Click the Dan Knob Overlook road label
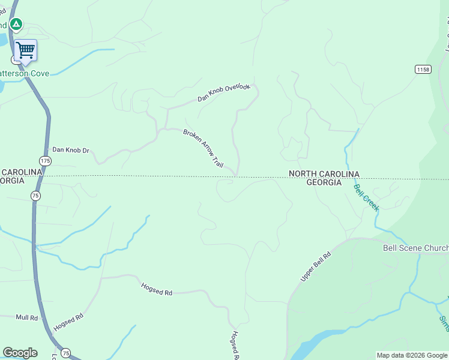pos(223,93)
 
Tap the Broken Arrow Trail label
pos(203,148)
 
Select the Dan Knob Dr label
pos(70,150)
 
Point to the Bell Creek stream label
pos(366,197)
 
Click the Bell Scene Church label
pos(415,248)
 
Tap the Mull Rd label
pos(26,317)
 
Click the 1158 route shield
pos(423,70)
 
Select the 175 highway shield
pos(45,160)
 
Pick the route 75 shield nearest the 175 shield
pos(35,196)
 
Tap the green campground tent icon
pos(16,25)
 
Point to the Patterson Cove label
pos(24,73)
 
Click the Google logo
pos(20,353)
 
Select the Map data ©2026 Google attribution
pos(412,355)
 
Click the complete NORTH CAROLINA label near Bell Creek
pos(324,174)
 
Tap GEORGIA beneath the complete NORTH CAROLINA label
pos(324,182)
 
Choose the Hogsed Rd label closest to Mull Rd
pos(67,323)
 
